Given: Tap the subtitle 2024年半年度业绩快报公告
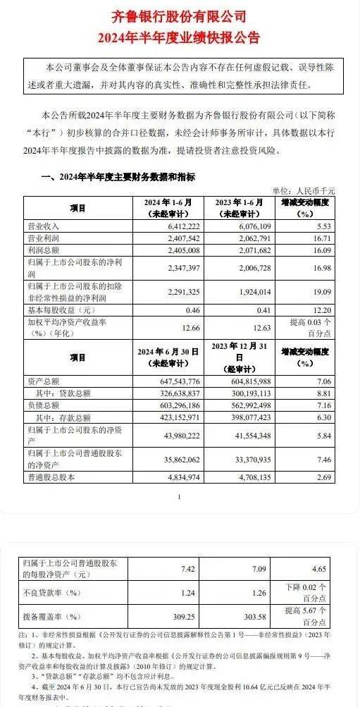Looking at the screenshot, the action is point(180,37).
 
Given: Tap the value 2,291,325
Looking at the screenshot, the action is point(164,290).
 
